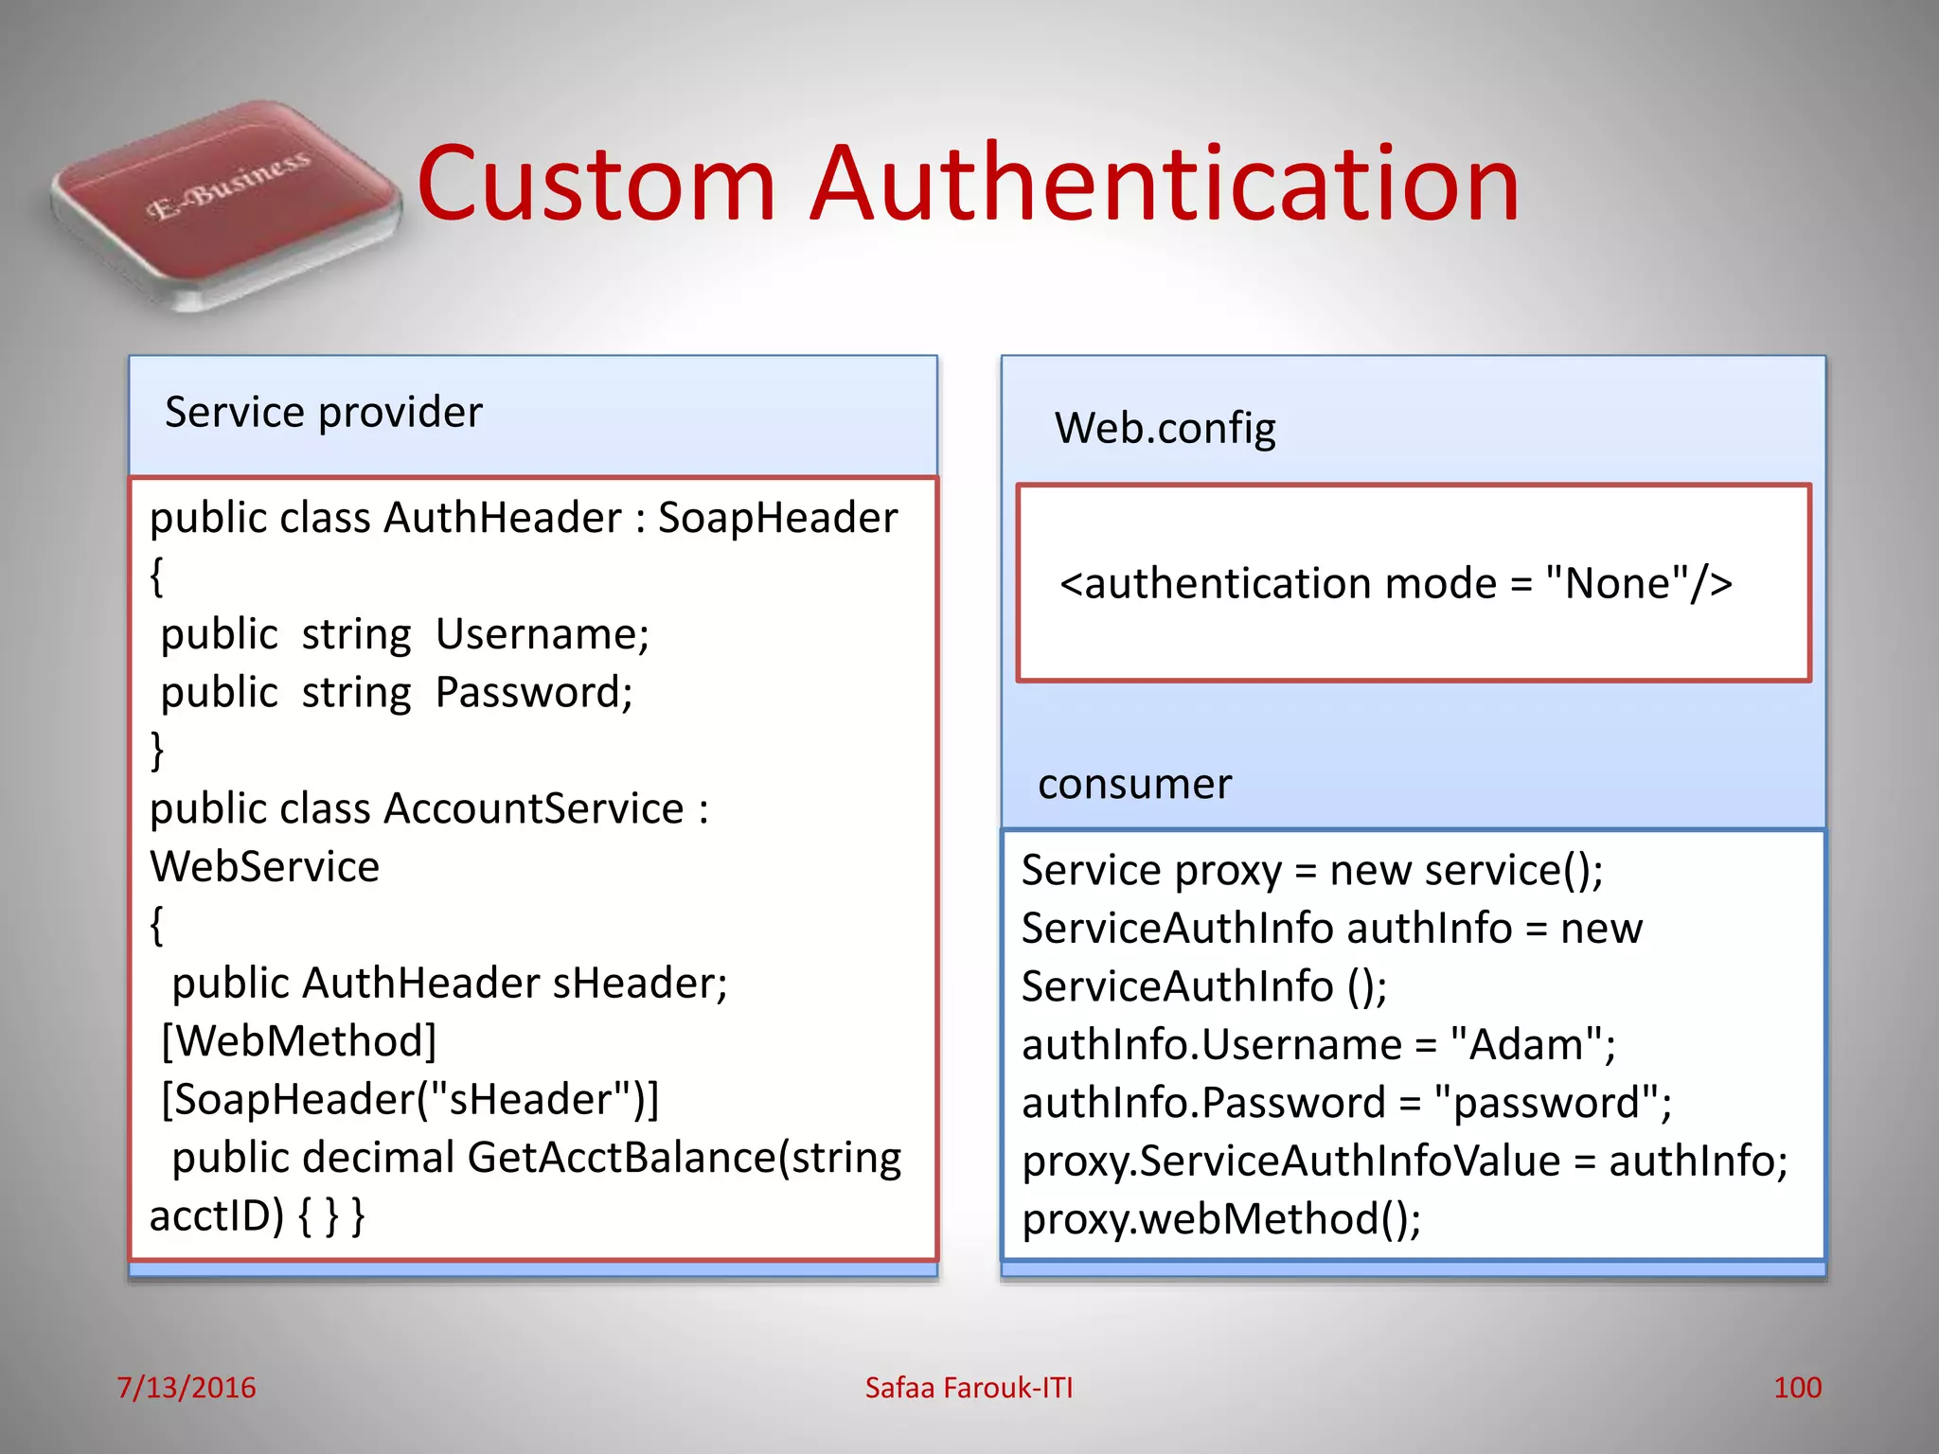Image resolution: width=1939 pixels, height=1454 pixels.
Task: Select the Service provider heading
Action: click(x=324, y=413)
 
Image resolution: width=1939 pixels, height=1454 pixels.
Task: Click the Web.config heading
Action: click(x=1165, y=428)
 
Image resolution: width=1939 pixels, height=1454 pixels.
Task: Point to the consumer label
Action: click(x=1134, y=784)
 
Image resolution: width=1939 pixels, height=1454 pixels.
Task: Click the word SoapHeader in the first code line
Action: click(x=777, y=518)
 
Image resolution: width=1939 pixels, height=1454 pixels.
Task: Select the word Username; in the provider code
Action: click(x=543, y=634)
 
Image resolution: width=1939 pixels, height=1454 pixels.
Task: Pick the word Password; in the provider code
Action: click(x=534, y=692)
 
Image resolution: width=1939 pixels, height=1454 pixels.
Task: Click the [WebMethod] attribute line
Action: click(x=299, y=1041)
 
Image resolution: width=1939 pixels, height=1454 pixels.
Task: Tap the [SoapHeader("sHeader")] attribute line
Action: click(x=410, y=1099)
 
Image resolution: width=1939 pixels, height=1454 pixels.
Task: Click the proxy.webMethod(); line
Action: click(x=1221, y=1219)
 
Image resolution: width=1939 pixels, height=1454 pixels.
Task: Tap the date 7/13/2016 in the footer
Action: click(x=187, y=1388)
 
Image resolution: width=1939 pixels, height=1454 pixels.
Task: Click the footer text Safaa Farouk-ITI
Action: click(x=969, y=1388)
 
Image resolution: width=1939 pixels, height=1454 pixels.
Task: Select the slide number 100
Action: click(x=1797, y=1388)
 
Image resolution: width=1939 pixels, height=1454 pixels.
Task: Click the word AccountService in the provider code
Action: click(x=534, y=809)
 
